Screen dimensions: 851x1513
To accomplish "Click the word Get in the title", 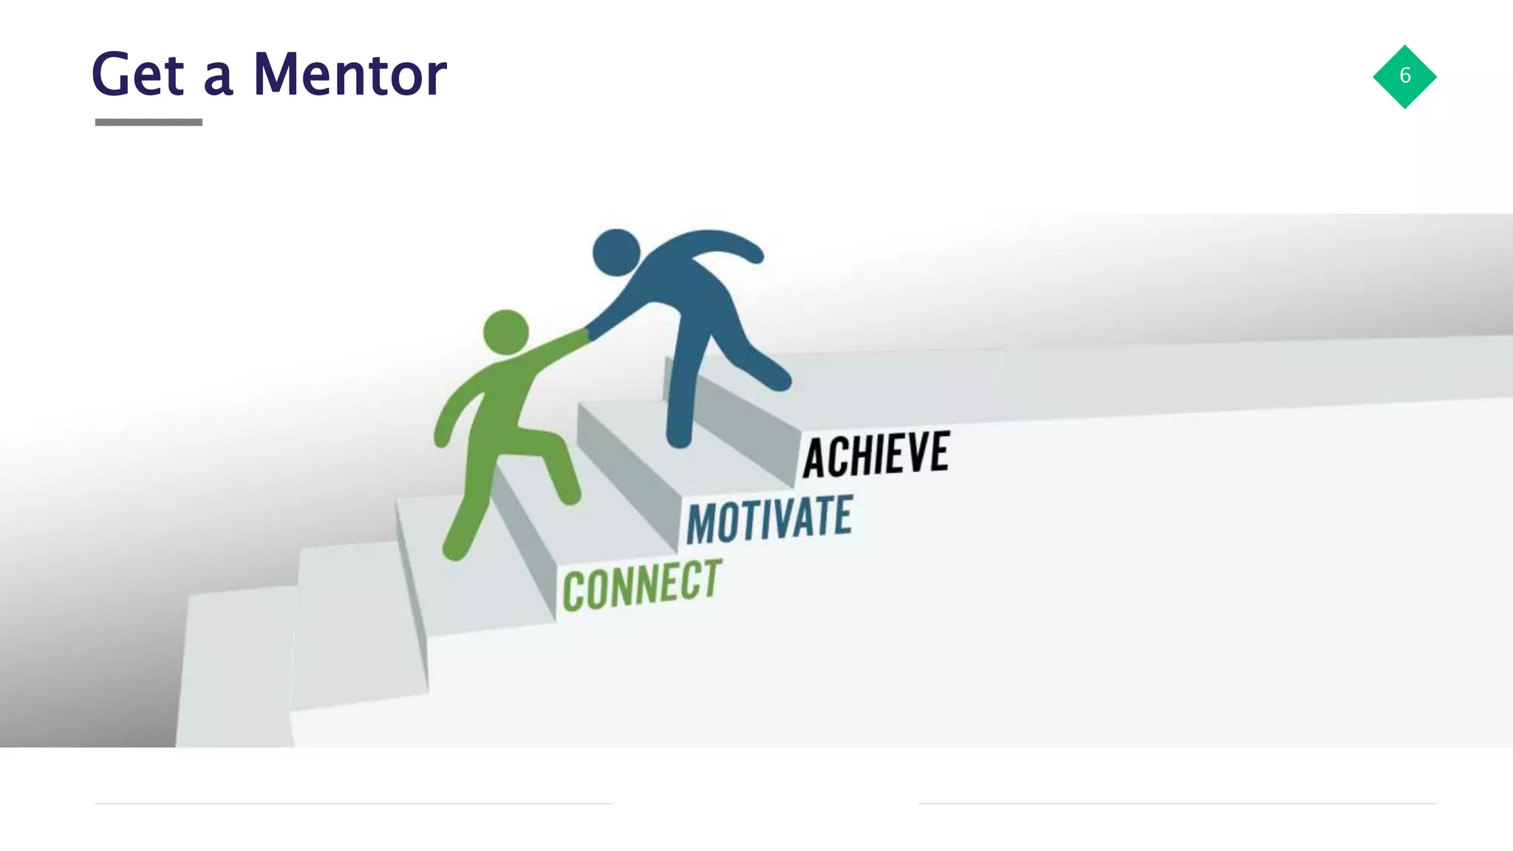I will click(137, 74).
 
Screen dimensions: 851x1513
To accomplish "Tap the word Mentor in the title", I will click(349, 74).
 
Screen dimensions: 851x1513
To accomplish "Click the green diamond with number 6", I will click(1404, 77).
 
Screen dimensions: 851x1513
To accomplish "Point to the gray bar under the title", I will click(148, 122).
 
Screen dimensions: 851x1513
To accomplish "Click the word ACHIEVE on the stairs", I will click(876, 454).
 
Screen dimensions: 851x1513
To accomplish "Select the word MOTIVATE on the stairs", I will click(769, 519).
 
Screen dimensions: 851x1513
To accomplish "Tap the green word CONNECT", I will click(641, 585).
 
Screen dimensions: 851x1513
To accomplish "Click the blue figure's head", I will click(616, 252).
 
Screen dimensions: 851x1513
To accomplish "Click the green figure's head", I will click(506, 332).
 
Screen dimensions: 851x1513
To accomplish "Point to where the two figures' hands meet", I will click(587, 334).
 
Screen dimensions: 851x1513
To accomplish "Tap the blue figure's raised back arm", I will click(731, 244).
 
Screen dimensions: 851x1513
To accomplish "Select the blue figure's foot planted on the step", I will click(679, 436).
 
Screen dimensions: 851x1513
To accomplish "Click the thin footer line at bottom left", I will click(354, 803).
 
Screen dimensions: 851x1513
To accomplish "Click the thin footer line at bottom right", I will click(1178, 803).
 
